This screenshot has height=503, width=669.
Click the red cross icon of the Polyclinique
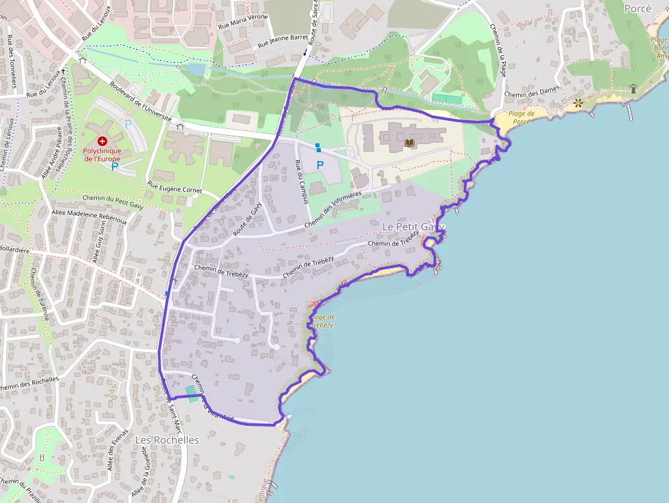pyautogui.click(x=102, y=140)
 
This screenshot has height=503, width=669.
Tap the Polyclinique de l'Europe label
pyautogui.click(x=102, y=154)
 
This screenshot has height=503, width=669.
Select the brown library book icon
pyautogui.click(x=410, y=143)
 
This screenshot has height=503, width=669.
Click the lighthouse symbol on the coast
pyautogui.click(x=633, y=88)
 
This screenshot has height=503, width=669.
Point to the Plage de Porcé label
pyautogui.click(x=519, y=117)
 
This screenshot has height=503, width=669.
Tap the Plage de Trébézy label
pyautogui.click(x=322, y=321)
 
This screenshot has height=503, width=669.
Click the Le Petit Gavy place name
pyautogui.click(x=413, y=227)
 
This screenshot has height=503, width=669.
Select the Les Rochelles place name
pyautogui.click(x=167, y=440)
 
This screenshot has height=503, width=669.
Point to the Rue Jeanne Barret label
pyautogui.click(x=283, y=41)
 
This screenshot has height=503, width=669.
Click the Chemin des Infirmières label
pyautogui.click(x=332, y=208)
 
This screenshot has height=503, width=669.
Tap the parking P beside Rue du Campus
pyautogui.click(x=319, y=164)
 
